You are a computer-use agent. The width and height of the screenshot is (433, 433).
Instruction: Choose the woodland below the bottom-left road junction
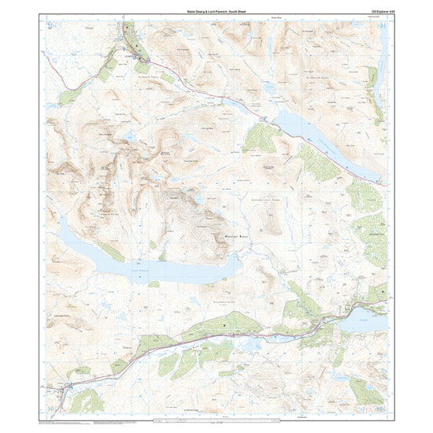(x=87, y=402)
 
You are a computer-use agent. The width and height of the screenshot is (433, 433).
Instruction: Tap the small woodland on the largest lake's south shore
(x=153, y=284)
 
